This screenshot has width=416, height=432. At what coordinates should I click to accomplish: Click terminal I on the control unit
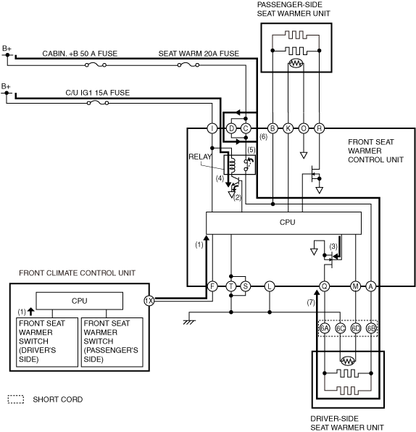coord(212,128)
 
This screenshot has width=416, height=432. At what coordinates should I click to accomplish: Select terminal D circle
coord(231,128)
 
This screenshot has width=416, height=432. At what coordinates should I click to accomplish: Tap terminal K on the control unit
coord(288,128)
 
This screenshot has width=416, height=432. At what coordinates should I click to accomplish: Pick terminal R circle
coord(320,128)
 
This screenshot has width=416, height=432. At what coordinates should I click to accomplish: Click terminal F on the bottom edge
coord(212,286)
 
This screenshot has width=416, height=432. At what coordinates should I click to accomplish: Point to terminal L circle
coord(270,286)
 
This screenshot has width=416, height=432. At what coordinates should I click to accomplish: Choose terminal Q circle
coord(325,286)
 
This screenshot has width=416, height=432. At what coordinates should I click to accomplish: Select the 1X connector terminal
coord(149,301)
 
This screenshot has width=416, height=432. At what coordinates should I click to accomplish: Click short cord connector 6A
coord(325,328)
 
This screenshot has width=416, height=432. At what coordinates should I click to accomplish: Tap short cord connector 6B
coord(371,328)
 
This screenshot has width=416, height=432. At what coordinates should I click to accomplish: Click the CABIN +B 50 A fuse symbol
coord(96,65)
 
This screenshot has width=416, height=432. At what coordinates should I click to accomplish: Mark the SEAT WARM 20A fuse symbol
coord(188,65)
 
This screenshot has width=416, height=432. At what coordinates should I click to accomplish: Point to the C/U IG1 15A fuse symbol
coord(98,103)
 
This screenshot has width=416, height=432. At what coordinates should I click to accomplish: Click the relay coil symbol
coord(232,165)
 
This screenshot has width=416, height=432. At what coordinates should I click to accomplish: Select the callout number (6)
coord(263,137)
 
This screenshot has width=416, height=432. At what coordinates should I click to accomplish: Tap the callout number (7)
coord(311,302)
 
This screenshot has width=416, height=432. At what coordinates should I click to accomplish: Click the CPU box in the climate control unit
coord(79,301)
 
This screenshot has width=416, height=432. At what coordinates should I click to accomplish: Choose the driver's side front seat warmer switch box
coord(47,342)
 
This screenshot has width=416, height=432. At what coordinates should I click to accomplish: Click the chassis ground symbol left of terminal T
coord(189,322)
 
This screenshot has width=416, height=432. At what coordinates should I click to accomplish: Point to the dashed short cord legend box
coord(16,399)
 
